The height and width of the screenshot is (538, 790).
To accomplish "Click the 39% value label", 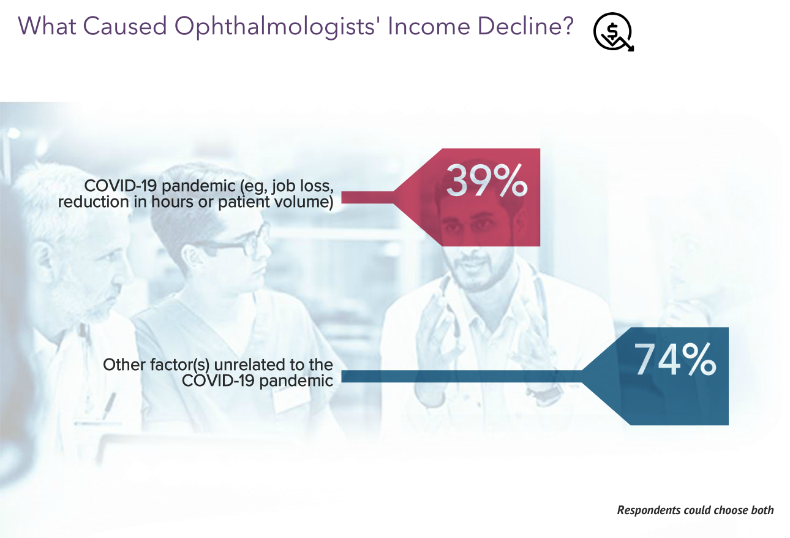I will click(486, 180).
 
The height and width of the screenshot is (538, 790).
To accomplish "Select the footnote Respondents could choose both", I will click(695, 510).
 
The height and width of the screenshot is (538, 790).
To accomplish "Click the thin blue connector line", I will click(459, 376).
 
